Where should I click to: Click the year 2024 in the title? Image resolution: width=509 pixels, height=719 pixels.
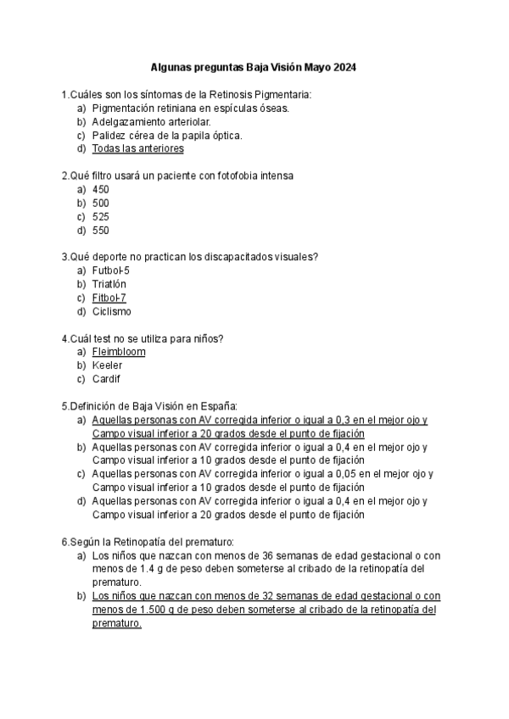pyautogui.click(x=344, y=67)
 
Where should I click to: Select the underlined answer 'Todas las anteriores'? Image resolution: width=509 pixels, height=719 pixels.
pyautogui.click(x=137, y=148)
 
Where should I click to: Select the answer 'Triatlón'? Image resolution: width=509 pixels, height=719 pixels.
pyautogui.click(x=109, y=284)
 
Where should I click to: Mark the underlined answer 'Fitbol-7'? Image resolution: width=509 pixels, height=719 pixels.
pyautogui.click(x=109, y=298)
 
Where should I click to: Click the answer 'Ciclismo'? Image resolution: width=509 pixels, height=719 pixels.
pyautogui.click(x=111, y=311)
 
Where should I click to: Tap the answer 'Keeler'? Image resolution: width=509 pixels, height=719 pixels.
pyautogui.click(x=107, y=365)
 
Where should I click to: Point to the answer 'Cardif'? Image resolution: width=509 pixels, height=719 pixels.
pyautogui.click(x=107, y=379)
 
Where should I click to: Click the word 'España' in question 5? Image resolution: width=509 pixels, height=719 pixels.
pyautogui.click(x=217, y=406)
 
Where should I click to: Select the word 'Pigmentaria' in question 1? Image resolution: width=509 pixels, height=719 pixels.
pyautogui.click(x=281, y=94)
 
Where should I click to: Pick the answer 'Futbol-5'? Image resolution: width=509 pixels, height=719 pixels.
pyautogui.click(x=111, y=270)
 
